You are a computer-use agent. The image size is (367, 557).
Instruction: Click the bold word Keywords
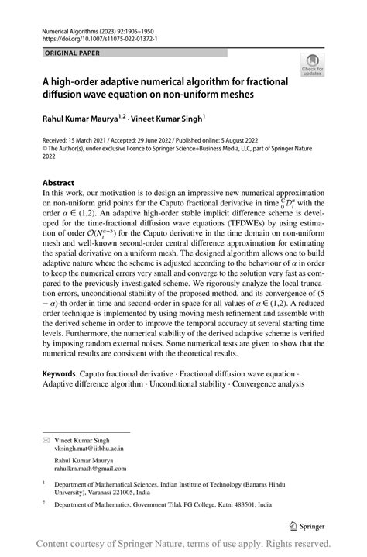[59, 373]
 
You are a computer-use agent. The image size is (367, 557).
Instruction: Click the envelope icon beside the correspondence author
[46, 438]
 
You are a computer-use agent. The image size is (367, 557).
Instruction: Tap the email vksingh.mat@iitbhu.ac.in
[98, 448]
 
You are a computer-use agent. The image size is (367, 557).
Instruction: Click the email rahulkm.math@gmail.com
[98, 469]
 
